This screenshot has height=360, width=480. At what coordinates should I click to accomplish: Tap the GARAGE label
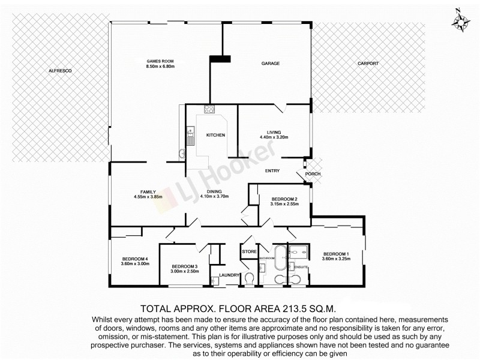point(271,63)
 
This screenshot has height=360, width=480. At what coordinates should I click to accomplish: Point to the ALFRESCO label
point(60,71)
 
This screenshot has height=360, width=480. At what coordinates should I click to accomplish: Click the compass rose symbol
point(460,22)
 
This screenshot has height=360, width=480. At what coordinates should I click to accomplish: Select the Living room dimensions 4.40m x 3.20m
point(274,137)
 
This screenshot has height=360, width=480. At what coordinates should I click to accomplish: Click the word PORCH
point(313,175)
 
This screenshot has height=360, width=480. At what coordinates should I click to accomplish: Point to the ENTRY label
point(272,171)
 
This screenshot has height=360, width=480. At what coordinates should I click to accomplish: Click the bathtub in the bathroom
point(280,259)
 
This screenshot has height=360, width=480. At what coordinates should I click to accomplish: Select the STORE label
point(249,251)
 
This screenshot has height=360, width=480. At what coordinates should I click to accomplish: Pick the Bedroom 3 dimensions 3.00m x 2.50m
point(184,272)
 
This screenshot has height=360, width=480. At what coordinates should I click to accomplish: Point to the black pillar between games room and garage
point(220,58)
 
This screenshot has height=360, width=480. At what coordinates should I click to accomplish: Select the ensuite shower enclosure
point(298,251)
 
